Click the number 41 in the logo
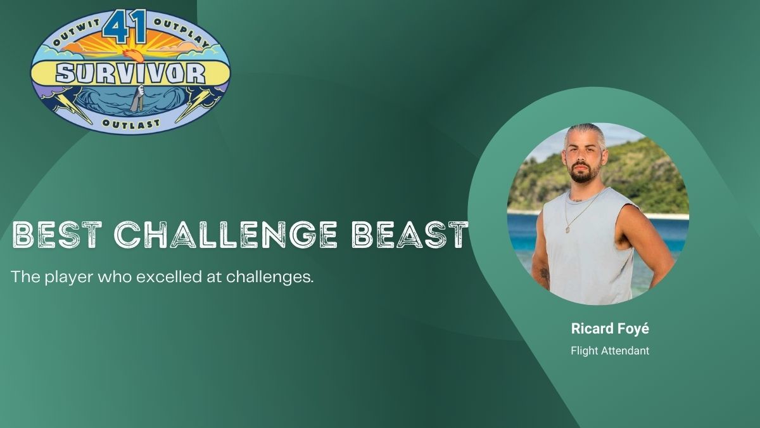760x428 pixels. pyautogui.click(x=125, y=27)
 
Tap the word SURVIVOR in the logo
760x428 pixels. pyautogui.click(x=130, y=74)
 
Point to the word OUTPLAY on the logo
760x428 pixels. pyautogui.click(x=181, y=32)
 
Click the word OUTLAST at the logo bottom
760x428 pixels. pyautogui.click(x=130, y=123)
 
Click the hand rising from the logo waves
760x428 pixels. pyautogui.click(x=138, y=98)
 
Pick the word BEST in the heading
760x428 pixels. pyautogui.click(x=57, y=234)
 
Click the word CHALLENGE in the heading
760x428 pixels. pyautogui.click(x=225, y=234)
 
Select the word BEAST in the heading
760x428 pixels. pyautogui.click(x=410, y=234)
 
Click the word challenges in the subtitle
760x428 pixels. pyautogui.click(x=270, y=277)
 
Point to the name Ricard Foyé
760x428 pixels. pyautogui.click(x=610, y=329)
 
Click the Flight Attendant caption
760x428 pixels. pyautogui.click(x=610, y=351)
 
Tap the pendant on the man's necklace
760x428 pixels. pyautogui.click(x=568, y=230)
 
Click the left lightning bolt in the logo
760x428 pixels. pyautogui.click(x=72, y=107)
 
